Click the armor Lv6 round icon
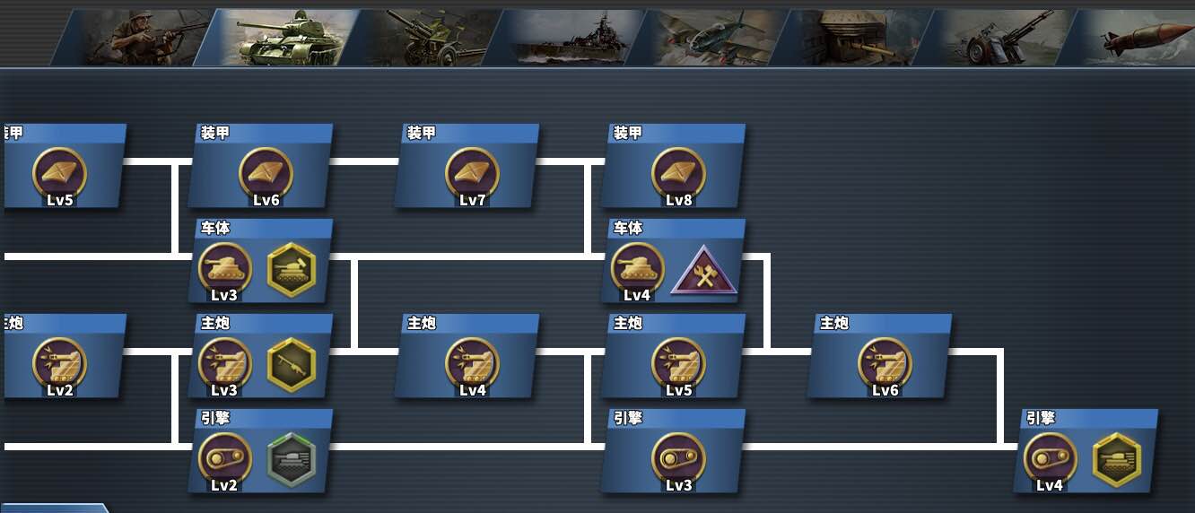(x=266, y=172)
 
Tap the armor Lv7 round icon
(x=472, y=172)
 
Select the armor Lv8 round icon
(x=678, y=172)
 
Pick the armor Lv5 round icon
(x=59, y=172)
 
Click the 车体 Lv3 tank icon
(x=224, y=268)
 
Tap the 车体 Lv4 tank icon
(x=637, y=268)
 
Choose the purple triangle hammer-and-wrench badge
(x=704, y=272)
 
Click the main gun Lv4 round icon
(x=472, y=363)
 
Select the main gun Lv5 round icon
(x=678, y=363)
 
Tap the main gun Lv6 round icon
(x=885, y=363)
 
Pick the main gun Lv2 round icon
(x=59, y=363)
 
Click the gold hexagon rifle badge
(x=292, y=364)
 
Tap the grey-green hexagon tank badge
(x=292, y=459)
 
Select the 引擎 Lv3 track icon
(x=678, y=458)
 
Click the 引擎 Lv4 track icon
(x=1050, y=458)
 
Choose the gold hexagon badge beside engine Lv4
(x=1117, y=459)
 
